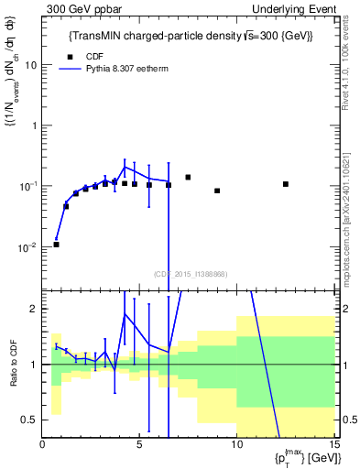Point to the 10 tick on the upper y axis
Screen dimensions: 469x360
click(32, 65)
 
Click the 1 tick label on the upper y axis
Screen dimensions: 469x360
click(35, 125)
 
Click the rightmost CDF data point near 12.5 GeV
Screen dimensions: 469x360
click(286, 184)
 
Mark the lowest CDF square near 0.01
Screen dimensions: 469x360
click(56, 245)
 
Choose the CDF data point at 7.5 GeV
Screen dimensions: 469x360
click(188, 178)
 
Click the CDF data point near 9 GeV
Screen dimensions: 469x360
click(217, 191)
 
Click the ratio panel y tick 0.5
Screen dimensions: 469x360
click(32, 420)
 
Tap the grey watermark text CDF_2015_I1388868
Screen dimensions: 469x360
click(190, 274)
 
